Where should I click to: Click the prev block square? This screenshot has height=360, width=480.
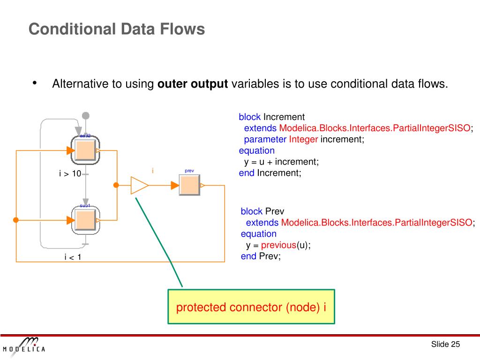coord(189,185)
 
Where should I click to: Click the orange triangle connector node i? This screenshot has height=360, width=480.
coord(139,186)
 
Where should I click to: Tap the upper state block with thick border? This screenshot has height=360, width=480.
coord(86,150)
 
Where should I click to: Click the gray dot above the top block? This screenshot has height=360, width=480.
coord(85,115)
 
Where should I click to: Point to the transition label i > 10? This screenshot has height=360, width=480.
coord(70,174)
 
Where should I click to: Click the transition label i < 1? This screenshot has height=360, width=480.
coord(73,256)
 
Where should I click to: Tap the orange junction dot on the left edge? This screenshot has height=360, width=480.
coord(16,220)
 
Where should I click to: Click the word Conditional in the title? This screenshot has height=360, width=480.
coord(71,29)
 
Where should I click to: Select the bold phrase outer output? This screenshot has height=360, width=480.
coord(193,84)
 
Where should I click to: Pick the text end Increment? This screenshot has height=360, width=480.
coord(270,173)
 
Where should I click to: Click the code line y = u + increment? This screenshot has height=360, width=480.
coord(281,162)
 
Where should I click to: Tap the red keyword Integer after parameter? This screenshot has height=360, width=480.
coord(303,139)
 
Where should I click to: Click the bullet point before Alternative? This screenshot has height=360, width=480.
coord(35,83)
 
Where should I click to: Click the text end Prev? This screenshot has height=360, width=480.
coord(261,256)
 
